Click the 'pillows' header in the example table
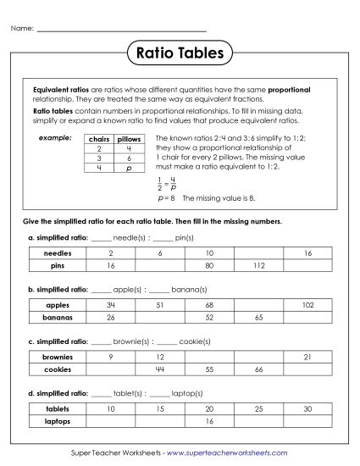[x=128, y=138]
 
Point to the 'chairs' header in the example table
[x=100, y=138]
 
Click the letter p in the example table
[x=128, y=169]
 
